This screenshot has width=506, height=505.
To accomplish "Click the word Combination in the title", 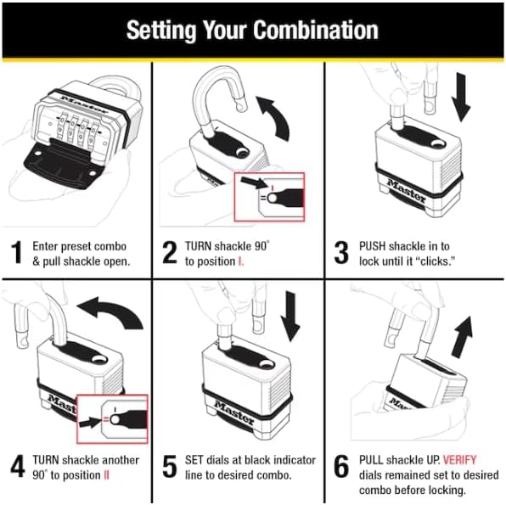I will coord(309,30).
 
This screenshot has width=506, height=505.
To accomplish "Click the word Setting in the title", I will coord(156,30).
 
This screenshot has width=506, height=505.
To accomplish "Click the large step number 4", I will coord(17,466).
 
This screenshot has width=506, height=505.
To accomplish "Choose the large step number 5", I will coord(169,466).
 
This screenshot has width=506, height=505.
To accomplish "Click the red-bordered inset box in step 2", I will coord(268,197).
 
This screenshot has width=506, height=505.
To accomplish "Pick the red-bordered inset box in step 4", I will coord(111,419).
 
